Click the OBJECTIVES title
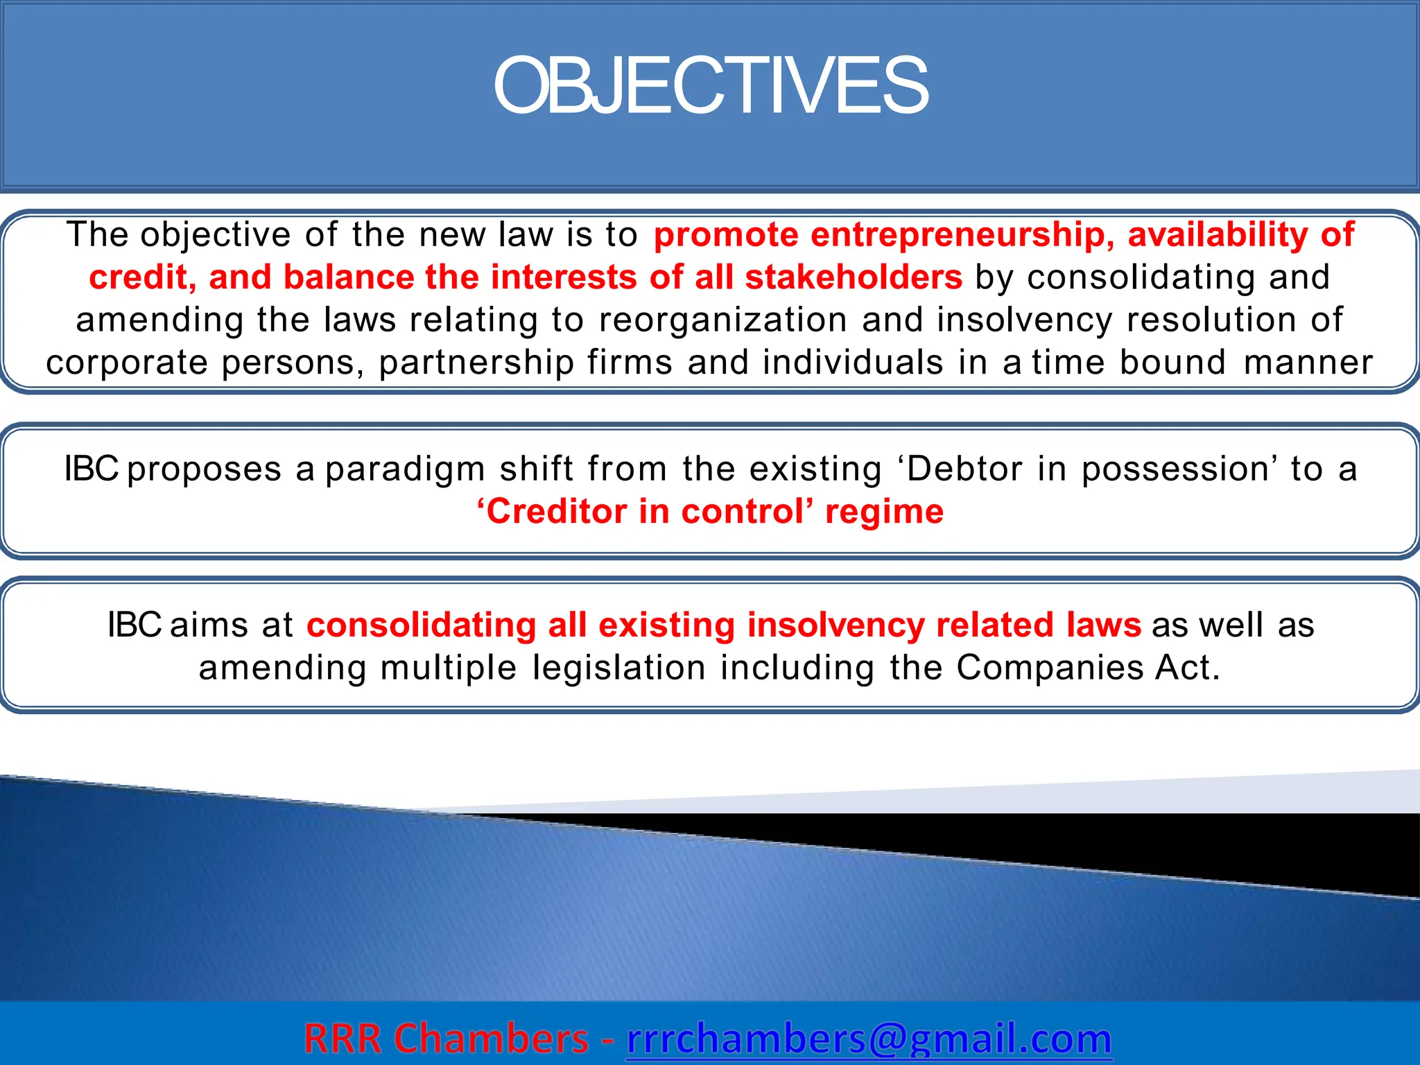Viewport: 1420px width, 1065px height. click(710, 87)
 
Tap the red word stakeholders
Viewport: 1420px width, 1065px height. click(854, 277)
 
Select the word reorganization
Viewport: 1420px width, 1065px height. click(722, 320)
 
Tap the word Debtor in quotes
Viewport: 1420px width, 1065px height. click(964, 469)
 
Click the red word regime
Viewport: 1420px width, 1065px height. click(884, 512)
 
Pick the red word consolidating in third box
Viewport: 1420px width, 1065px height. click(421, 625)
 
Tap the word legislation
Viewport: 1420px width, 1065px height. click(618, 668)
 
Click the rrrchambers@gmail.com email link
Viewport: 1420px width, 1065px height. click(869, 1039)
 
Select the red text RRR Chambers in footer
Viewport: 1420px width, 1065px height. click(446, 1039)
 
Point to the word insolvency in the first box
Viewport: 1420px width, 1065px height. click(1024, 320)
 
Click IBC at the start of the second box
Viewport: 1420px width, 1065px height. click(91, 469)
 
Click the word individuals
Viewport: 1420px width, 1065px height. click(853, 363)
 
